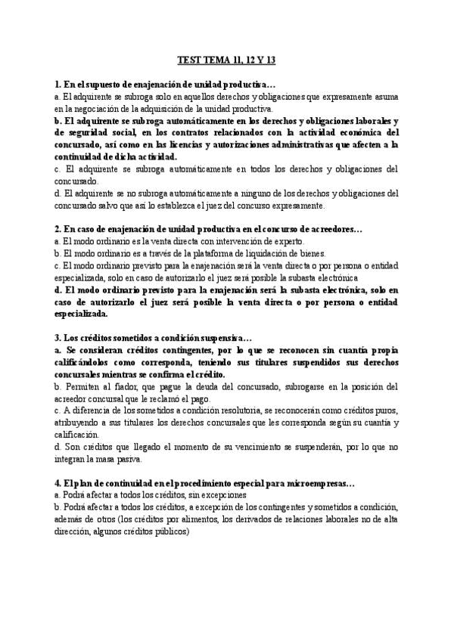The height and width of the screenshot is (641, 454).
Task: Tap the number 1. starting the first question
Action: tap(58, 85)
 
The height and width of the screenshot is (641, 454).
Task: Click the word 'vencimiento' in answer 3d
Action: tap(250, 447)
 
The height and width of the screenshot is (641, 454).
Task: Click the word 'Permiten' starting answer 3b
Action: tap(80, 386)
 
